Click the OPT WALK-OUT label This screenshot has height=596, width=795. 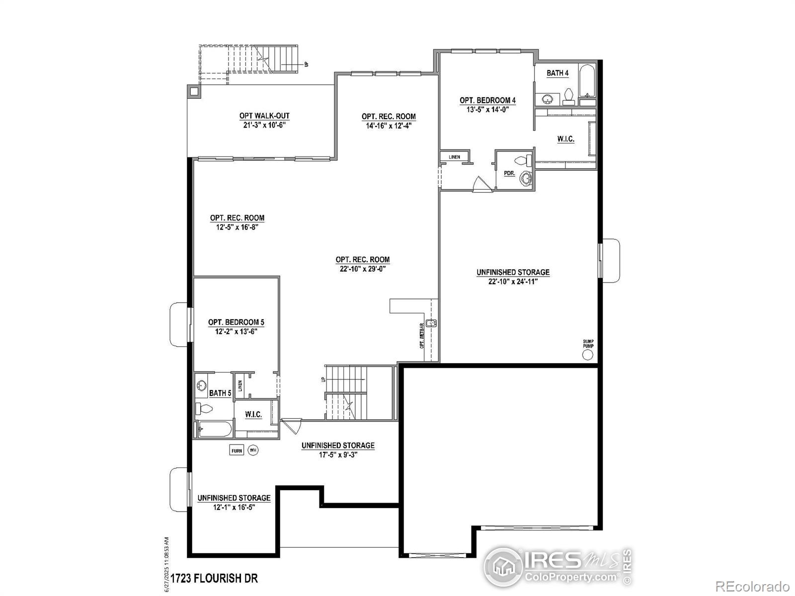pos(264,116)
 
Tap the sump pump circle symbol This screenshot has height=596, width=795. pos(587,355)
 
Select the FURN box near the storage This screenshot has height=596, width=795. pos(237,450)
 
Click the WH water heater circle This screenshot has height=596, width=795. pos(253,450)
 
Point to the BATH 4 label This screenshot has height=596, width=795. pos(557,73)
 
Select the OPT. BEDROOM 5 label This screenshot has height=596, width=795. pos(236,322)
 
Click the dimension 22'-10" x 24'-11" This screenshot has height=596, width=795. pos(513,282)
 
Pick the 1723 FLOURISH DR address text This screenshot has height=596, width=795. pos(214,578)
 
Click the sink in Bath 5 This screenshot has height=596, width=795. pos(201,385)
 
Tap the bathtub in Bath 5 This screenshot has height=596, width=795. pos(214,429)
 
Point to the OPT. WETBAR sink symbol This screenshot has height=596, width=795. pos(431,323)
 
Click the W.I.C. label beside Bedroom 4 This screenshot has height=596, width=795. pos(565,139)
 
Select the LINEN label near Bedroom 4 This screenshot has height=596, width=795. pos(454,157)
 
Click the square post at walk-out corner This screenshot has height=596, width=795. pos(193,91)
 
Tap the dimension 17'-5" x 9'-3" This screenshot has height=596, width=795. pos(338,454)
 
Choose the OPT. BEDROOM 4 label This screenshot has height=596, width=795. pos(487,100)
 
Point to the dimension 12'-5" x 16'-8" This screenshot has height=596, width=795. pos(237,227)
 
